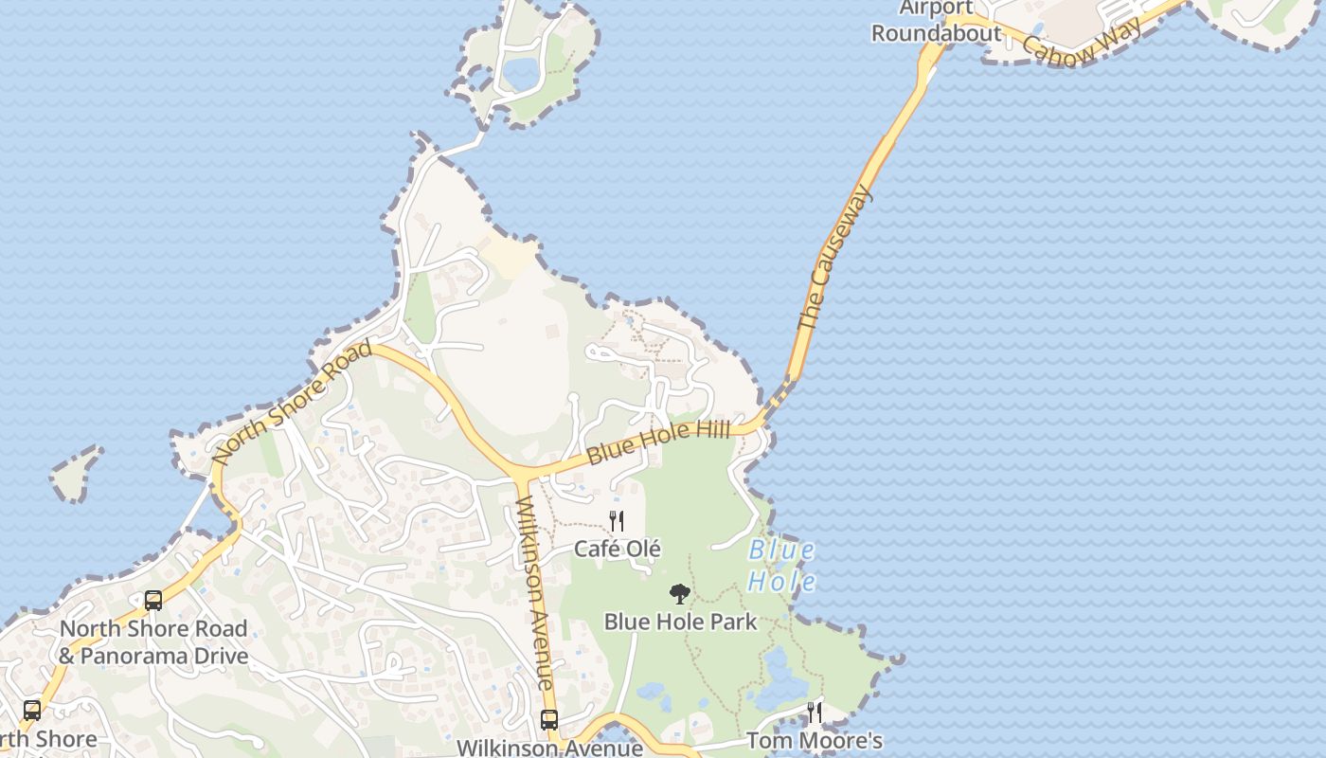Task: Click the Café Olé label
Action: point(618,549)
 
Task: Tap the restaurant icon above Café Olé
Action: point(617,520)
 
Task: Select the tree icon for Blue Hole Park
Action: point(679,594)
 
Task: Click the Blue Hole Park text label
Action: point(680,622)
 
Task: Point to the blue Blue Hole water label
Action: point(781,566)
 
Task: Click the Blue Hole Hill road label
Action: point(658,442)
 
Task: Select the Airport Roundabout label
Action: point(936,21)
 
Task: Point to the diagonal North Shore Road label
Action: point(292,402)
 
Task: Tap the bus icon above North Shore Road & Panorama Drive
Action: point(153,600)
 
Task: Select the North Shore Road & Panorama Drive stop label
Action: point(153,641)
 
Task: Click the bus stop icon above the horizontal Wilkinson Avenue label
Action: point(549,719)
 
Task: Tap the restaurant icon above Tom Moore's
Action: point(814,712)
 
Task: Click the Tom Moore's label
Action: point(815,740)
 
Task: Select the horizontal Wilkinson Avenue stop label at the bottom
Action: point(549,748)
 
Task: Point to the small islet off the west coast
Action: point(76,474)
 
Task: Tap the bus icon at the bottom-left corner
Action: point(32,710)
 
